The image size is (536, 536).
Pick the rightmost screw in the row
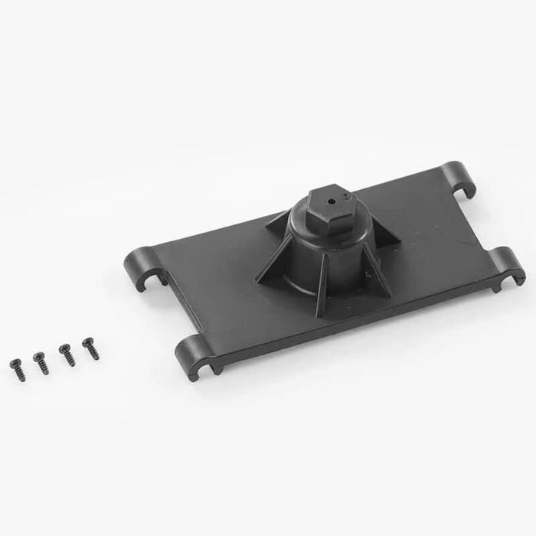coord(89,349)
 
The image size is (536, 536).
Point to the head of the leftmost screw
coord(12,362)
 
